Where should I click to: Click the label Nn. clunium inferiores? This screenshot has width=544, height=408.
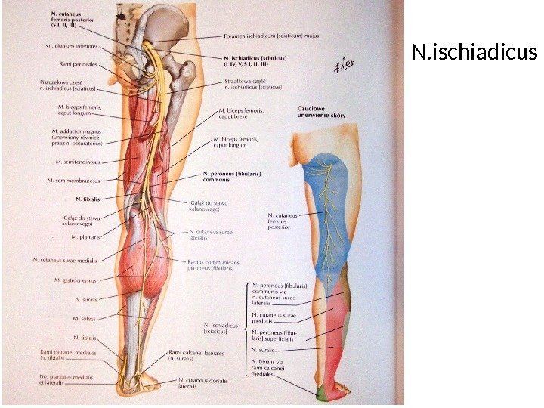(x=74, y=45)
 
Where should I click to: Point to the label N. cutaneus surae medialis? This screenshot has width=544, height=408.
(x=69, y=260)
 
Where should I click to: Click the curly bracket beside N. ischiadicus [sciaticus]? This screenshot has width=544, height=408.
(x=246, y=326)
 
